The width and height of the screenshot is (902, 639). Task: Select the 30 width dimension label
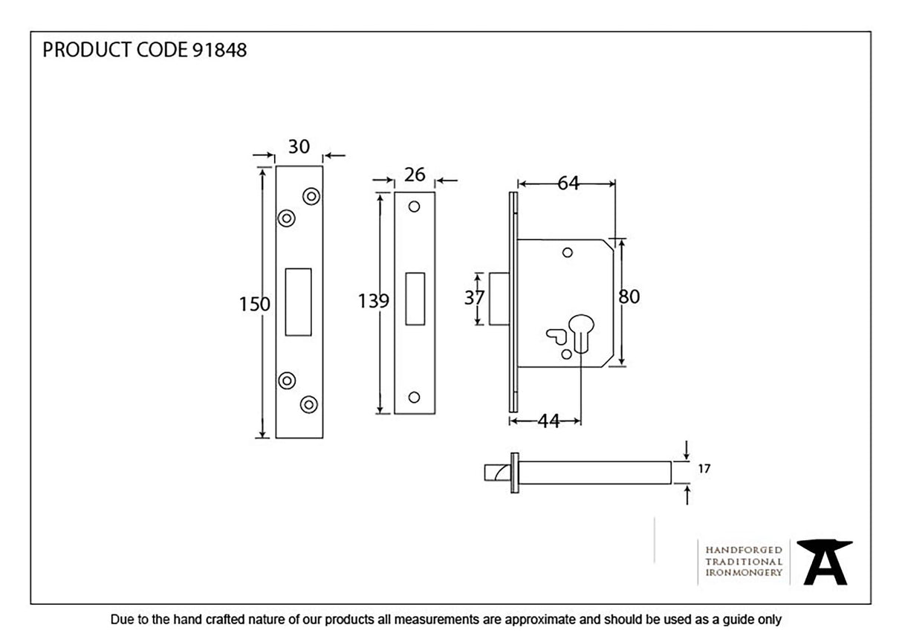299,147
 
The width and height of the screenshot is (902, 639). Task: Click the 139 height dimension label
373,301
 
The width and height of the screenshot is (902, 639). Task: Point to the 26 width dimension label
415,175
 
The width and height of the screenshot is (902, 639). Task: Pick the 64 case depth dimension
568,184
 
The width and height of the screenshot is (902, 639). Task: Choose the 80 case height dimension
629,297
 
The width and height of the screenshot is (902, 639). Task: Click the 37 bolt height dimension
474,298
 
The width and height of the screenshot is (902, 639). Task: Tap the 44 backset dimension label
548,421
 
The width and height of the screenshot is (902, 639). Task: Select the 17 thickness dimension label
704,469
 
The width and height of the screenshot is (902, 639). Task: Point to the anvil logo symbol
825,562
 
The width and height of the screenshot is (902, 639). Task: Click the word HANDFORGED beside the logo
744,550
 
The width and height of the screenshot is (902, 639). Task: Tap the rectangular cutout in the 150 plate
299,302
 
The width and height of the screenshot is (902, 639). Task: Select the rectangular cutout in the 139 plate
415,299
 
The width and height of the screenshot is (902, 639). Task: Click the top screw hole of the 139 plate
415,207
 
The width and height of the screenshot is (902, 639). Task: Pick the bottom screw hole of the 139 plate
415,397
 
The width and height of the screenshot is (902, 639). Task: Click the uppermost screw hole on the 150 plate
311,196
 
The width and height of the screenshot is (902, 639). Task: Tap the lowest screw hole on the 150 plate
308,404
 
